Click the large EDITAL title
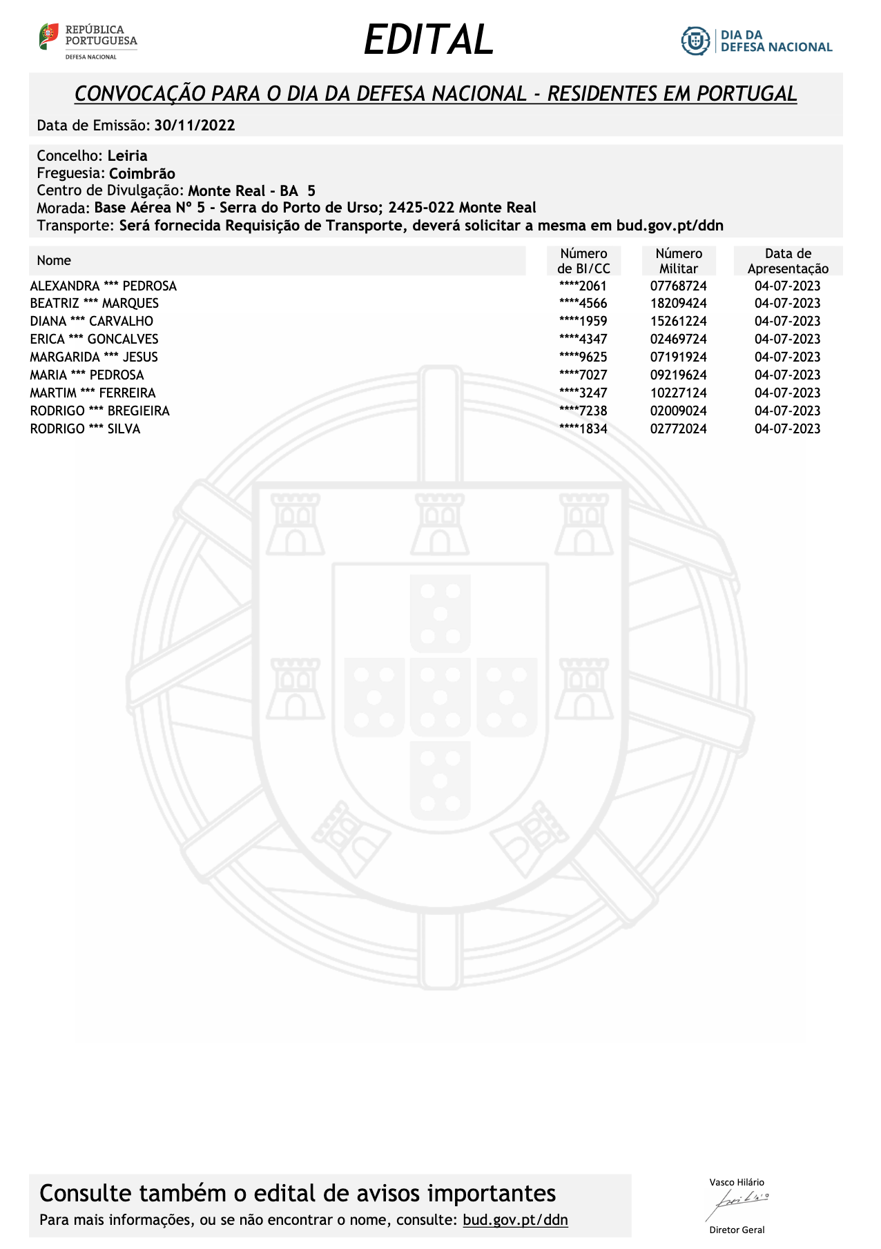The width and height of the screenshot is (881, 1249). tap(429, 40)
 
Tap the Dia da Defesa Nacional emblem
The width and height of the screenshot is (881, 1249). tap(695, 41)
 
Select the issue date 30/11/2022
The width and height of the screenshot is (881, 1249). tap(195, 126)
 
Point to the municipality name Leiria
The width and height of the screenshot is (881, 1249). tap(127, 156)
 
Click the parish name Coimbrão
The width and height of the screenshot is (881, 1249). tap(142, 174)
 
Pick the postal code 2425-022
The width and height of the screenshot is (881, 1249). tap(421, 208)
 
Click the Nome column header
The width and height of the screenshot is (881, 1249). tap(54, 260)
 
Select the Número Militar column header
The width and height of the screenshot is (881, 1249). tap(679, 261)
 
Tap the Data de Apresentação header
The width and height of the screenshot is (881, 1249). tap(788, 261)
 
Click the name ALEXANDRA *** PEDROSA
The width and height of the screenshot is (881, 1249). tap(104, 286)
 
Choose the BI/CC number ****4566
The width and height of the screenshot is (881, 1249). tap(583, 303)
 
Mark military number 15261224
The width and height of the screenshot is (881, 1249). tap(679, 321)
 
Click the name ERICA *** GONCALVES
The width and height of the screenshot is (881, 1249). tap(94, 339)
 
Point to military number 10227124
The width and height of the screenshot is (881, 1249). tap(679, 393)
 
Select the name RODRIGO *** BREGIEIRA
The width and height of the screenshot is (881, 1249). tap(99, 411)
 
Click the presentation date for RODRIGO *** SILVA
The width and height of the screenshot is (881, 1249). tap(787, 429)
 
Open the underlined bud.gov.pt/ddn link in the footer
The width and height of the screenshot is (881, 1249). tap(515, 1219)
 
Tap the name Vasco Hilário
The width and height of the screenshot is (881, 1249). tap(737, 1182)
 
